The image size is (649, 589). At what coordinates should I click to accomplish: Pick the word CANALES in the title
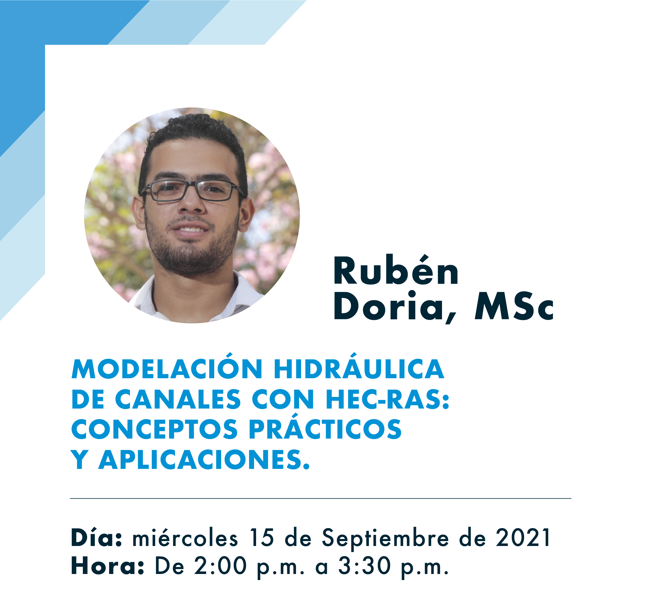tap(178, 399)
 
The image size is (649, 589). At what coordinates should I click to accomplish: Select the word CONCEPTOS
tap(154, 429)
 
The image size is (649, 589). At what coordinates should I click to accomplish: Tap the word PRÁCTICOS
tap(325, 427)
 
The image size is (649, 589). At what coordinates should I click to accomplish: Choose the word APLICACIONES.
tap(204, 460)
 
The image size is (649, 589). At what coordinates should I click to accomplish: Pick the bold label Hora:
tap(107, 566)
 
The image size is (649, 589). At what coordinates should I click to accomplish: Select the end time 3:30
tap(364, 566)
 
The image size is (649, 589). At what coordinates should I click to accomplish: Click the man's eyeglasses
tap(192, 191)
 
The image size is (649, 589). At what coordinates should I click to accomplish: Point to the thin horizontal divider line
tap(321, 499)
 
